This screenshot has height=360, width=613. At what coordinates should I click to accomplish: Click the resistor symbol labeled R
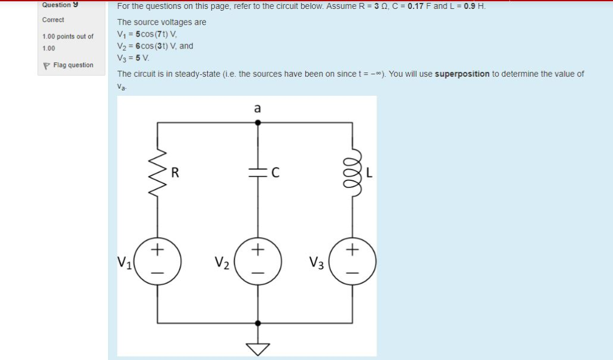[157, 174]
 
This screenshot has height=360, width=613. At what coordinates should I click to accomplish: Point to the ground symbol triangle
[258, 347]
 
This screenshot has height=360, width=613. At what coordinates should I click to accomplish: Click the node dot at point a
[258, 122]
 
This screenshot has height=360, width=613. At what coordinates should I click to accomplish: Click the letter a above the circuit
[257, 108]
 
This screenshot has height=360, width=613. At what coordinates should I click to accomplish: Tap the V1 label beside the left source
[124, 262]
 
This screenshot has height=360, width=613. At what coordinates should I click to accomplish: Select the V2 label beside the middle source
[221, 262]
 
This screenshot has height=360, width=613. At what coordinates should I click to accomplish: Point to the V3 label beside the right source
[317, 262]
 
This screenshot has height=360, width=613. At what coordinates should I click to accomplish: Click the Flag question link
[72, 65]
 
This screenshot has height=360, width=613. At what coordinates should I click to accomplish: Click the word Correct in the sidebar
[53, 20]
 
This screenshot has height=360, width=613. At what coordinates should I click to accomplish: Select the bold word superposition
[462, 74]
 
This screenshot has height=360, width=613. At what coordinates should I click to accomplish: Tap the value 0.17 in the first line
[416, 6]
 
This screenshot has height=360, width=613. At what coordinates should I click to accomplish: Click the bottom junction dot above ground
[258, 322]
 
